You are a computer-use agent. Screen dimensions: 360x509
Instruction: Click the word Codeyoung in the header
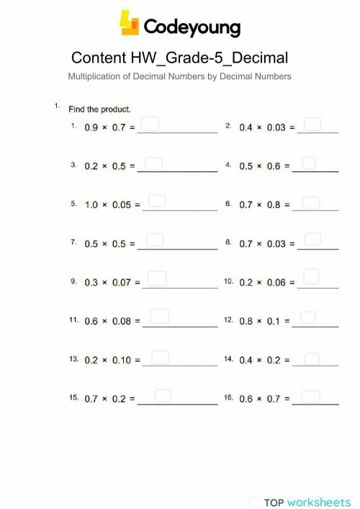[x=192, y=27]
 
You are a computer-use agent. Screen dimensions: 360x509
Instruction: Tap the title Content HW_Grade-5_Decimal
[x=180, y=58]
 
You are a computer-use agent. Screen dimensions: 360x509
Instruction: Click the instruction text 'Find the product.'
[x=99, y=109]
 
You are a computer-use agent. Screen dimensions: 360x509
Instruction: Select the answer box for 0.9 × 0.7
[x=150, y=125]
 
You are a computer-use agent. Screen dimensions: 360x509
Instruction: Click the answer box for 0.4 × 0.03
[x=312, y=125]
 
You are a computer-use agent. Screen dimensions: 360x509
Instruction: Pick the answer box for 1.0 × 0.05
[x=156, y=202]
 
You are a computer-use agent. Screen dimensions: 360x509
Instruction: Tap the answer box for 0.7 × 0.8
[x=311, y=202]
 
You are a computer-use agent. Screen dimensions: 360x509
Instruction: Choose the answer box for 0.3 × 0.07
[x=156, y=278]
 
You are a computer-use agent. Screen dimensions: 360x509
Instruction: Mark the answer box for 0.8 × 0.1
[x=308, y=317]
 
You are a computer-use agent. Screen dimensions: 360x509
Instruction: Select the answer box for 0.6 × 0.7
[x=311, y=396]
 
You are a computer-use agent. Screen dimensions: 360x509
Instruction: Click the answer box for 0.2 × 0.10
[x=160, y=357]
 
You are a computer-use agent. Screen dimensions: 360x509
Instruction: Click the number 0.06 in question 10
[x=276, y=283]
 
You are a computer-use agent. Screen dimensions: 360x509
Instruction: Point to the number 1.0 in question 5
[x=91, y=205]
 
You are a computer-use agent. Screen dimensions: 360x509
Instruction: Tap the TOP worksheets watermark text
[x=307, y=502]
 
